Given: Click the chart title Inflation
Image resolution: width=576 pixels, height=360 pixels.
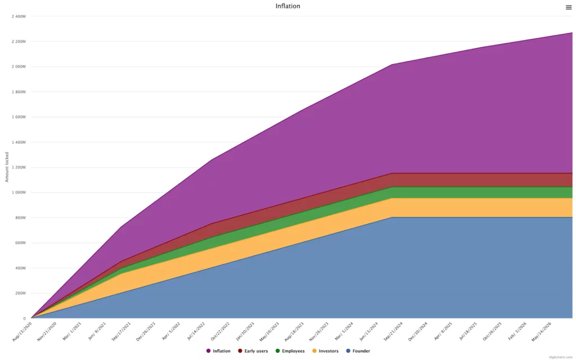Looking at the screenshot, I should [287, 6].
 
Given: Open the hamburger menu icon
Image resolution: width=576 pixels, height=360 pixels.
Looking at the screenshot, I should [568, 7].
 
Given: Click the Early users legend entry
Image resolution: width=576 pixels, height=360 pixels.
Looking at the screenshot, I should [256, 351].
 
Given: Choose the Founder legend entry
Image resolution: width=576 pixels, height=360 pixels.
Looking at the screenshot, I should [361, 351].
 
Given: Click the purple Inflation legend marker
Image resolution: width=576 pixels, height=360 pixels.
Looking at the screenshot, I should [208, 351].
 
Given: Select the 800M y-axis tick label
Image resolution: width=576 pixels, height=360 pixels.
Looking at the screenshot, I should [20, 218].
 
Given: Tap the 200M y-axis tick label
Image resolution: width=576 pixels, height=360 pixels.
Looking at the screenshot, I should [20, 293].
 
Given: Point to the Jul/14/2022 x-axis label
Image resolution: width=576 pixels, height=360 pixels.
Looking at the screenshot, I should [196, 331].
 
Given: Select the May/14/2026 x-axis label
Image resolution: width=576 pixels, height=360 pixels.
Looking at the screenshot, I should [541, 331].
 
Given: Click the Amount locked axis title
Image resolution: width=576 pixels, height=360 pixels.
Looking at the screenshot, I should [7, 167].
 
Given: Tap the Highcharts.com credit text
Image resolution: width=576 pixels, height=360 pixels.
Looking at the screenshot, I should [560, 357].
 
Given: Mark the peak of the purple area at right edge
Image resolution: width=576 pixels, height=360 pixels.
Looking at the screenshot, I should [571, 33].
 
